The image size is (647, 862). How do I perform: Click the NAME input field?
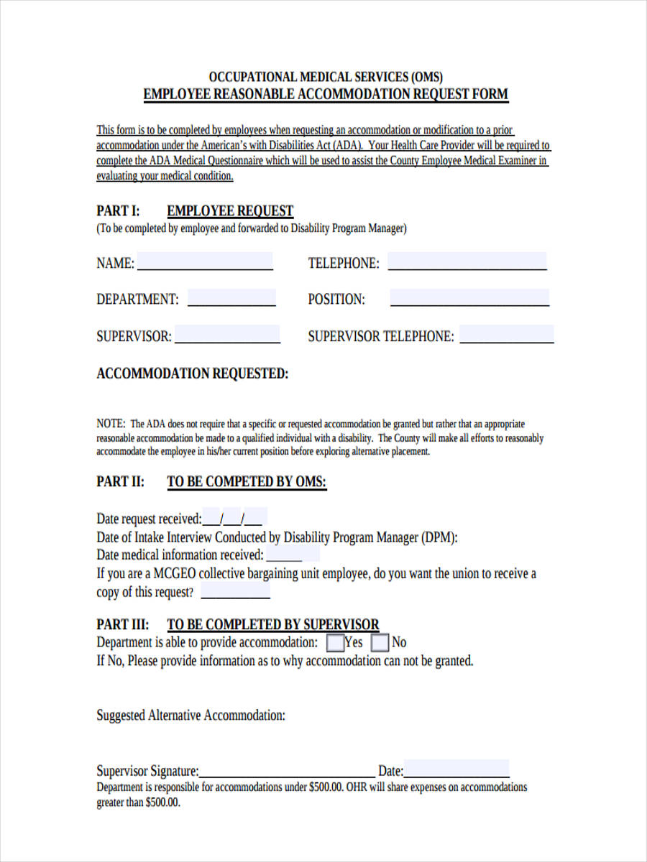tap(205, 261)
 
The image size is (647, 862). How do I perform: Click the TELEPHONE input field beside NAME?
tap(467, 261)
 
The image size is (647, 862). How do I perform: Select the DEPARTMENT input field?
tap(231, 297)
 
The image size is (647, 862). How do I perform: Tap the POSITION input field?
tap(469, 297)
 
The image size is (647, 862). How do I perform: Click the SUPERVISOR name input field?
tap(227, 335)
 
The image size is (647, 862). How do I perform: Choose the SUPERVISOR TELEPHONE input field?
tap(507, 335)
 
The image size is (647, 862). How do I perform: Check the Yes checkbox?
tap(335, 641)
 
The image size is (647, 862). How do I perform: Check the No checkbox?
tap(381, 641)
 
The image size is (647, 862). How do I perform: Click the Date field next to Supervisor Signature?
tap(456, 769)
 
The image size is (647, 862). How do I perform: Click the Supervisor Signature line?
tap(288, 771)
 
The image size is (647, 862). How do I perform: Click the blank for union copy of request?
tap(235, 593)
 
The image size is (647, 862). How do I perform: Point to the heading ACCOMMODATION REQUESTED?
tap(193, 374)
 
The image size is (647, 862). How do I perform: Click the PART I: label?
tap(118, 210)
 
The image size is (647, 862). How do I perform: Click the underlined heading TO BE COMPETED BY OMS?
tap(247, 481)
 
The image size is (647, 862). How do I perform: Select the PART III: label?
tap(123, 624)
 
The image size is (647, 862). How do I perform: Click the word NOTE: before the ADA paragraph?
tap(111, 424)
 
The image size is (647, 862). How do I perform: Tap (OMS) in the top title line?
tap(427, 76)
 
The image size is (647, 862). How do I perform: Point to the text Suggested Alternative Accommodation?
tap(191, 715)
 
